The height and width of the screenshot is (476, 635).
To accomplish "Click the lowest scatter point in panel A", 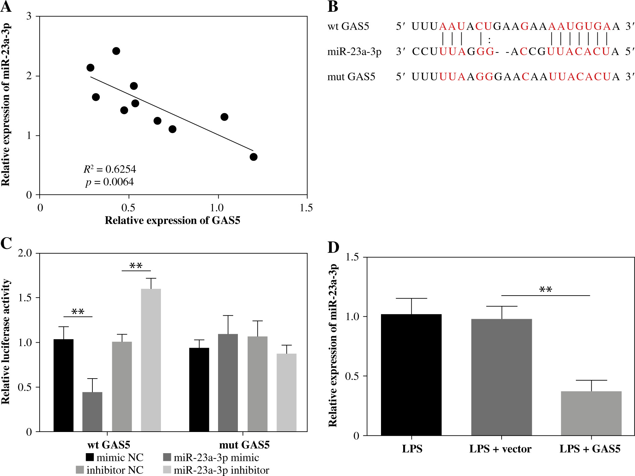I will pos(253,157).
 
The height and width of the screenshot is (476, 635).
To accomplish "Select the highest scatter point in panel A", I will pos(116,51).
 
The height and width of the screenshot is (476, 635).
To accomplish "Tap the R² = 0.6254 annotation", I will pos(110,169).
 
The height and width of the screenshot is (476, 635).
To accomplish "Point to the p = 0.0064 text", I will pos(109,182).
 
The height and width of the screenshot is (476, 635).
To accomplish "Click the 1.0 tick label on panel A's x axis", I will pos(217,208).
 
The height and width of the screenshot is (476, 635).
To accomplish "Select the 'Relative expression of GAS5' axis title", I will pos(172,220).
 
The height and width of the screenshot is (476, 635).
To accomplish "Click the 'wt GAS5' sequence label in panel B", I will pos(348,26).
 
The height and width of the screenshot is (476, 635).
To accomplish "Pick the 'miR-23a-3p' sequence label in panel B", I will pos(354,52).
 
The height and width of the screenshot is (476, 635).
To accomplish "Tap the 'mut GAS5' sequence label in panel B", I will pos(351,77).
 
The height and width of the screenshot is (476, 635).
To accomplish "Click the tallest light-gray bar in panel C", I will pos(151,359).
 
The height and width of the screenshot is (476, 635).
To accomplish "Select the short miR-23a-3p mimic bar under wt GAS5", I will pos(92,412).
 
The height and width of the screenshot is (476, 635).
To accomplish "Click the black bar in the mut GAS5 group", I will pos(199,390).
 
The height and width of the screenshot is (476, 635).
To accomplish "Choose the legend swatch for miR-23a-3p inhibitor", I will pos(167,470).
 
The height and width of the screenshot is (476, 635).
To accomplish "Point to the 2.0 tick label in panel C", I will pos(25,253).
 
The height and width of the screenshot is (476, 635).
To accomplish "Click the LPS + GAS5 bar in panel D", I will pos(591,413).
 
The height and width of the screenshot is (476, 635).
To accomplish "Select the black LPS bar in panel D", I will pos(411,375).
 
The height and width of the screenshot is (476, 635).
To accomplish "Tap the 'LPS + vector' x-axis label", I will pos(500,449).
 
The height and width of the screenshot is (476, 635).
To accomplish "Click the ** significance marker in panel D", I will pos(546,290).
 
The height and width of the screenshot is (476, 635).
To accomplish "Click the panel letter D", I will pos(333,247).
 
